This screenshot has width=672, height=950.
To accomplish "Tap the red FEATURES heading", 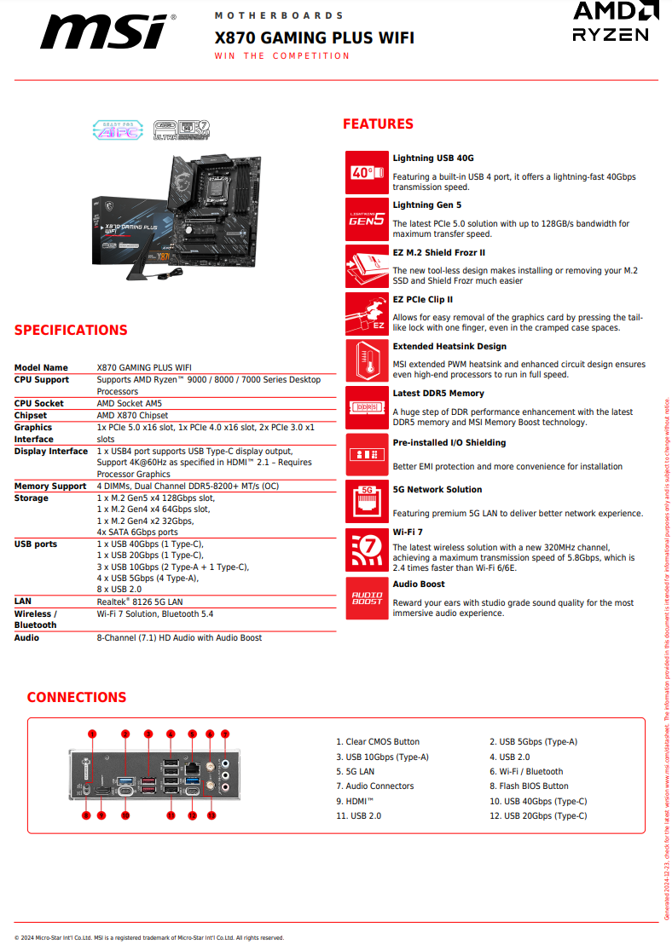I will pos(378,124).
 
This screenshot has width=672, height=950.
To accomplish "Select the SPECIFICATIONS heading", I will pos(71,331).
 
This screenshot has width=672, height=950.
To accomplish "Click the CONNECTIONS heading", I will pos(76,698).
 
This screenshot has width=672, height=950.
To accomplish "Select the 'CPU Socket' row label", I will pos(38,404).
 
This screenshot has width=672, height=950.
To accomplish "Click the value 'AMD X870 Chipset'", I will pos(132,416).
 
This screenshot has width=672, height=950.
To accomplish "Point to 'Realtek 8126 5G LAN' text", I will pos(141,602).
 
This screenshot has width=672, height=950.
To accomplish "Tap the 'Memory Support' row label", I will pos(50,487).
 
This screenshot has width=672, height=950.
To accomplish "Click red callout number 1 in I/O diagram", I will pos(92,734).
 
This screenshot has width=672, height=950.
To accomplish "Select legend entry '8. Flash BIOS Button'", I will pos(529,786).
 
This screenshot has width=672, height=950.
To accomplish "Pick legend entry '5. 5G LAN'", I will pos(355,771).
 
